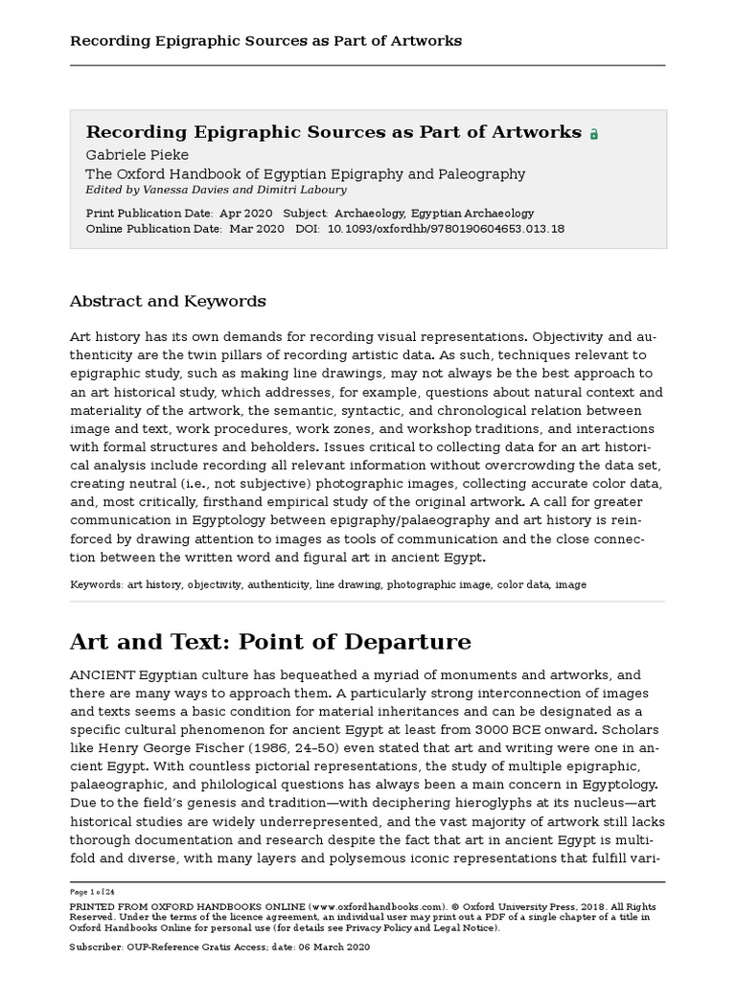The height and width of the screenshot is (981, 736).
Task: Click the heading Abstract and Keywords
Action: [168, 301]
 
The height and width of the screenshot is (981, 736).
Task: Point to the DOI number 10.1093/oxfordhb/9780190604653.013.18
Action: [446, 229]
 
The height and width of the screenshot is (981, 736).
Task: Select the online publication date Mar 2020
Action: [256, 229]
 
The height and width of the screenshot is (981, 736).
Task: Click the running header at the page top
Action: [265, 40]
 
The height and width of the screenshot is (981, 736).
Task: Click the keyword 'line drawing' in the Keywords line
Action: [348, 583]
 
